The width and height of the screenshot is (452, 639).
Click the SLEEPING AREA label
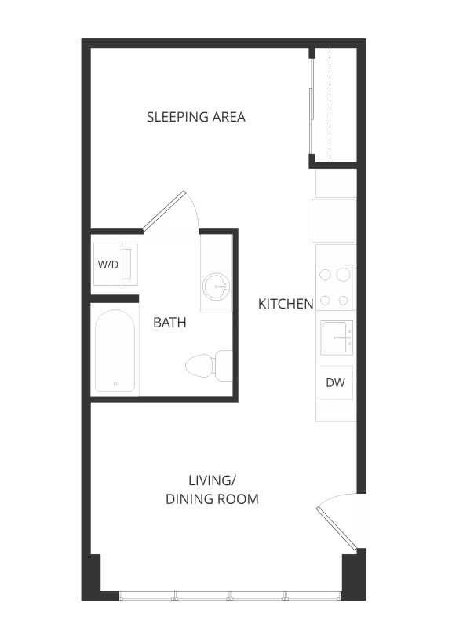click(x=196, y=117)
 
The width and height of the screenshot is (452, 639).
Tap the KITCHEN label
click(x=286, y=303)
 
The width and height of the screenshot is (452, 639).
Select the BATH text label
click(x=169, y=322)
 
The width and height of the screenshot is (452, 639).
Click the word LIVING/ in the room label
click(x=212, y=480)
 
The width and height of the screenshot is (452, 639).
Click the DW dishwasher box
click(x=336, y=383)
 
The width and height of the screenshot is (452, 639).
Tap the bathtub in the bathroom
click(x=115, y=351)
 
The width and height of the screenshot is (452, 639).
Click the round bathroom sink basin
click(x=216, y=287)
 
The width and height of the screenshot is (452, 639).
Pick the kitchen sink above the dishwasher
click(x=336, y=338)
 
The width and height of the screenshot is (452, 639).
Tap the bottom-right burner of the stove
click(x=344, y=300)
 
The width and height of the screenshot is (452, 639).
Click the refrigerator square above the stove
click(x=334, y=221)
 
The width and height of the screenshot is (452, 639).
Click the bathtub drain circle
click(x=115, y=384)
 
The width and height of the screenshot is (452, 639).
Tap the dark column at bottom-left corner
click(x=92, y=577)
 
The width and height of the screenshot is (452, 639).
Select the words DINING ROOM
click(x=212, y=498)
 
